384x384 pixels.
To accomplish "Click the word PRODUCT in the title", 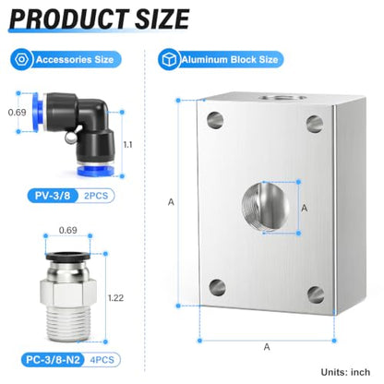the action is point(69,18).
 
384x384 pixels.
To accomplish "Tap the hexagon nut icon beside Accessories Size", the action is point(21,59).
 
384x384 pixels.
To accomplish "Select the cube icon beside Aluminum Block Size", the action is point(169,59).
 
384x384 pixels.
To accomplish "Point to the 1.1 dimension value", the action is point(128,145).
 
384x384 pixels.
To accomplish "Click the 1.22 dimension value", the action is point(115,298).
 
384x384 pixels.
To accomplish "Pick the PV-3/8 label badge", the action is point(53,196).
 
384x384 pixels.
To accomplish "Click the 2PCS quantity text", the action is point(96,196).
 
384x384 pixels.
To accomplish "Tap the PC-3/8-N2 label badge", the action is point(53,360).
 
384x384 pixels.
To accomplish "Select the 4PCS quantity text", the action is point(102,360).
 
